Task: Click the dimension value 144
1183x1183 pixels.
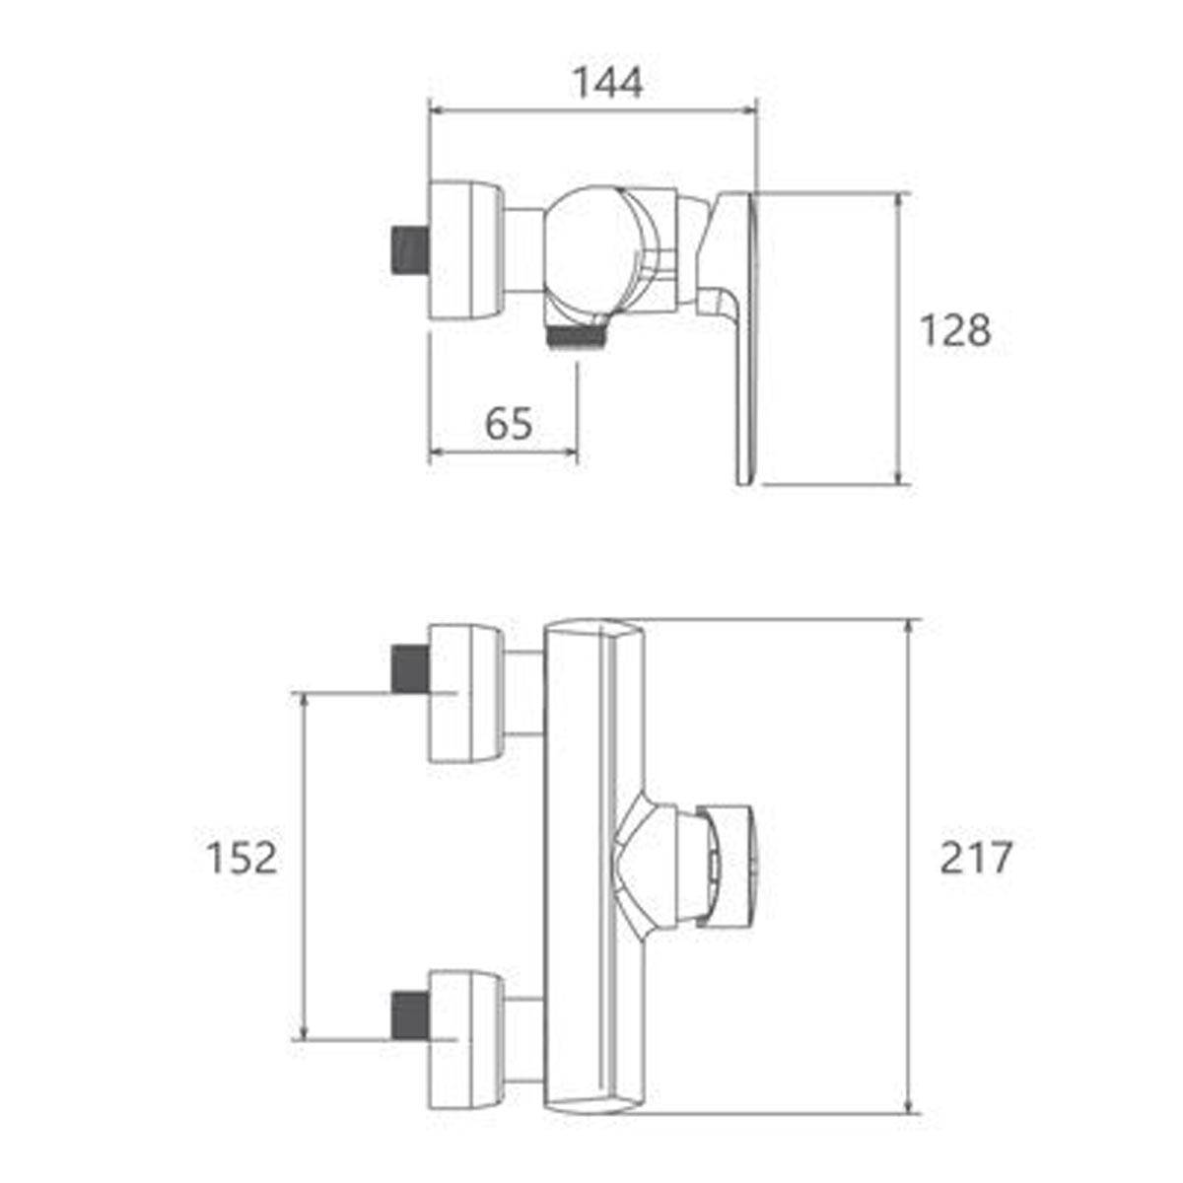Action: (x=608, y=83)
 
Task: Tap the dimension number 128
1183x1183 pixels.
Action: (x=955, y=330)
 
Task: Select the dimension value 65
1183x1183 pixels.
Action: (x=509, y=424)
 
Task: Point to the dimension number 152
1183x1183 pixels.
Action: (x=242, y=858)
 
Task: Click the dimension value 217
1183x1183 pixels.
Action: (x=976, y=858)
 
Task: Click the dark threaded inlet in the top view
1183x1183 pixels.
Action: (x=410, y=249)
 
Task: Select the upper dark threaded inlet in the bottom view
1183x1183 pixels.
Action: (x=410, y=669)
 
